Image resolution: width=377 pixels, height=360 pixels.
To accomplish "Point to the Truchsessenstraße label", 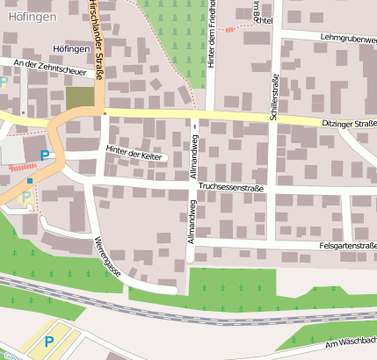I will pos(232,186).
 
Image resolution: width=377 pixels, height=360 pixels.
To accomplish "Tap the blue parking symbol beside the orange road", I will pos(44,155).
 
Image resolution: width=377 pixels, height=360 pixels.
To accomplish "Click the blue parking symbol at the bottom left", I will pos(48,341).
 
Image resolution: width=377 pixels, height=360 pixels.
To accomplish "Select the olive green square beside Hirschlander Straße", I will pos(79,97).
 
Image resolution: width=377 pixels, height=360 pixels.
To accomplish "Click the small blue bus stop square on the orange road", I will pos(30,181).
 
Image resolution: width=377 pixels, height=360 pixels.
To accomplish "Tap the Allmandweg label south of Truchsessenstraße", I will pos(190,221).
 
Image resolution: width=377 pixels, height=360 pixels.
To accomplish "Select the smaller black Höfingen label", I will pos(70,49).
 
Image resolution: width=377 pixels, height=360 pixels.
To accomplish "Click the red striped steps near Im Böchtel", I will pos(230,29).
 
